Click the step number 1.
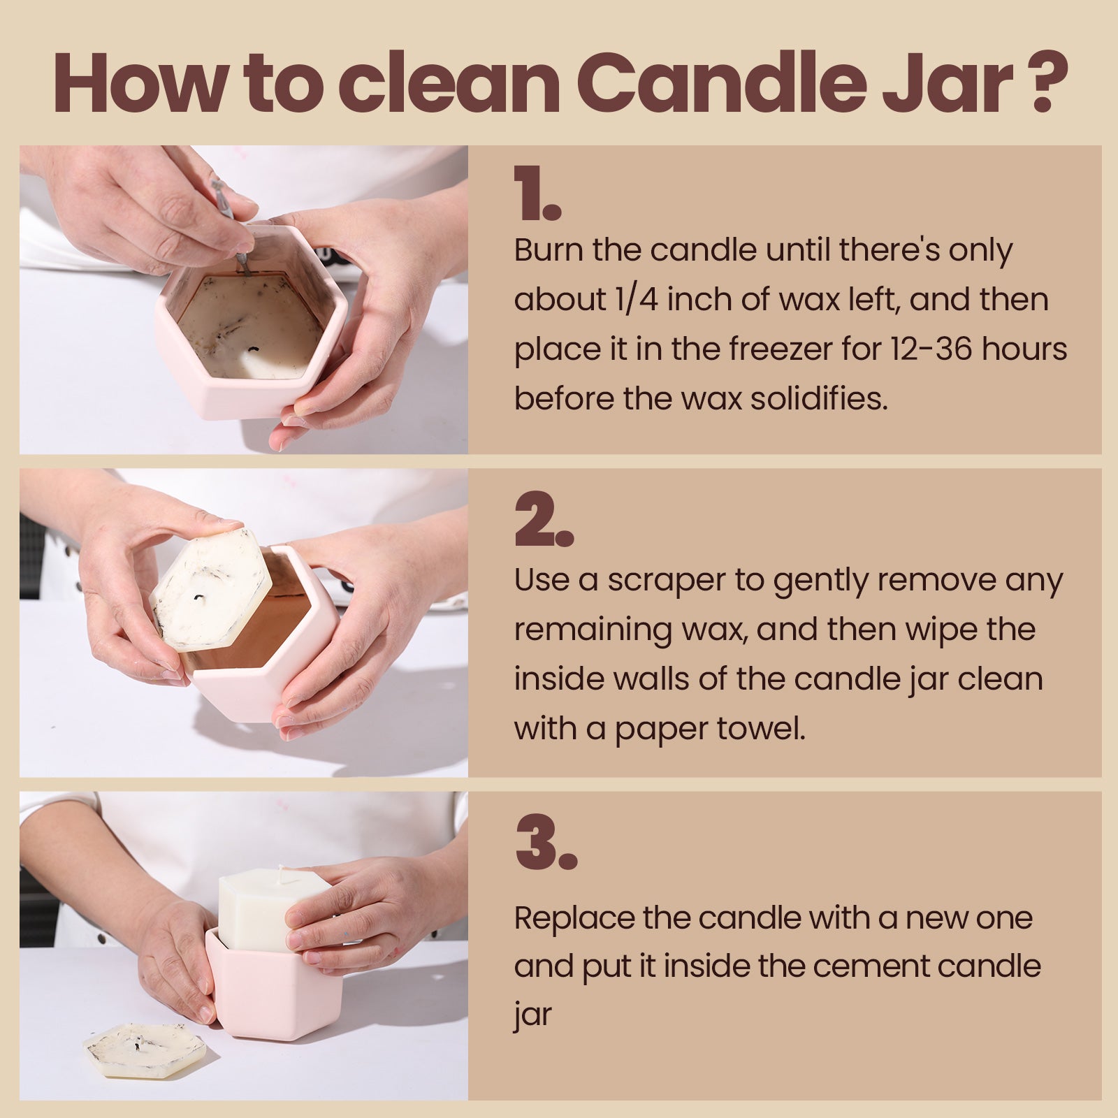click(537, 194)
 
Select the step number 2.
click(543, 521)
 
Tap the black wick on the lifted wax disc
click(199, 597)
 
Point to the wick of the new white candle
click(282, 873)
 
